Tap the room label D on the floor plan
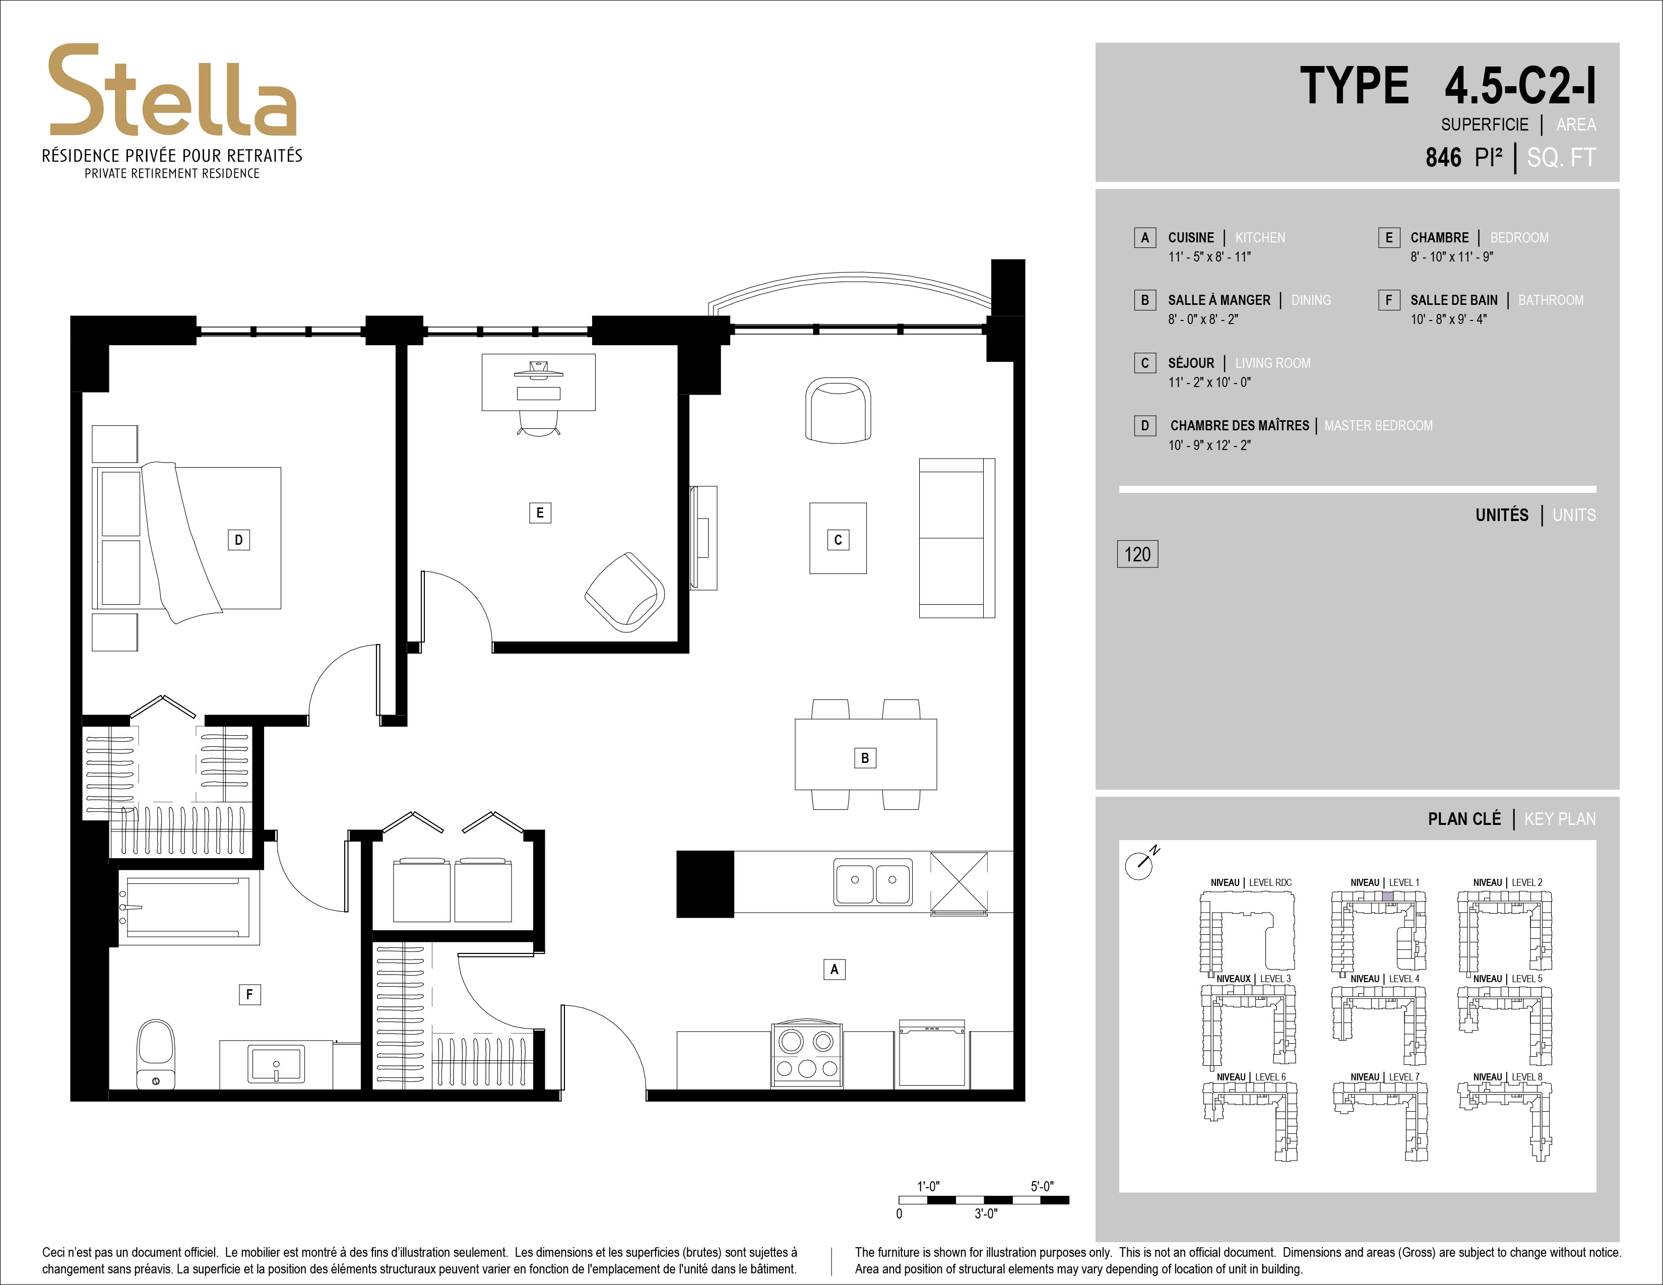238,540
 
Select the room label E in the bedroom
540,512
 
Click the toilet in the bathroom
156,1054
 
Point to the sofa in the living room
957,538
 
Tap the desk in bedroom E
538,382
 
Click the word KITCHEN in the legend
1260,237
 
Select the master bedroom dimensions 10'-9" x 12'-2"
1209,445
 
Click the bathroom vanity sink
276,1063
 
